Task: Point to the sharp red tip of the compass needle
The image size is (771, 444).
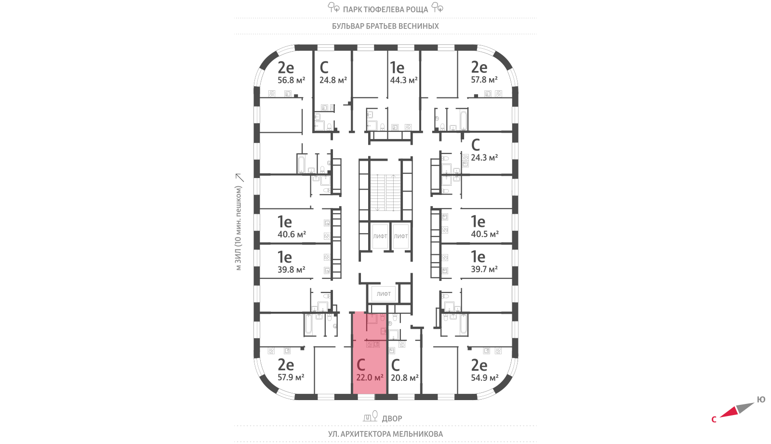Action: [x=720, y=416]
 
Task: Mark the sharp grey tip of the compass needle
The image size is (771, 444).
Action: [x=755, y=403]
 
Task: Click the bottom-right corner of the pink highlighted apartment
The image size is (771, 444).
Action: [x=386, y=394]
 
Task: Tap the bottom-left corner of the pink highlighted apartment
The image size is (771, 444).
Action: [x=353, y=394]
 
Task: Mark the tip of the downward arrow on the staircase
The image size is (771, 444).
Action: [x=378, y=210]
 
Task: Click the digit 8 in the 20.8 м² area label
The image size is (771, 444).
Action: [x=406, y=378]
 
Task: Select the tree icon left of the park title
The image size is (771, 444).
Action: [x=333, y=7]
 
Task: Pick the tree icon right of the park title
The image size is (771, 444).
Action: [x=437, y=7]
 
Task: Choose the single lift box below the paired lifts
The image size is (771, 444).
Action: [x=384, y=294]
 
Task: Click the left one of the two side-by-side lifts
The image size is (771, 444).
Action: [x=380, y=236]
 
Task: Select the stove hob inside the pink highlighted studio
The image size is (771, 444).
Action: [x=369, y=344]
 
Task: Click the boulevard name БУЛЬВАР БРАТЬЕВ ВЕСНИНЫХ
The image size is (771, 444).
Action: [x=385, y=26]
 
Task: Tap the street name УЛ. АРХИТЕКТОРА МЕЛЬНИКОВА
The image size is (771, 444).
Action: [x=385, y=434]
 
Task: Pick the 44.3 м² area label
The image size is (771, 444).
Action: [x=404, y=80]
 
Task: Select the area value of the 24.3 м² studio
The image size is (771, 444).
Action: [x=484, y=157]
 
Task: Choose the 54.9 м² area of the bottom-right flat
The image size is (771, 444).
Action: [x=485, y=378]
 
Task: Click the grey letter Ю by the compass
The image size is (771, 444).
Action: [x=761, y=400]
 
